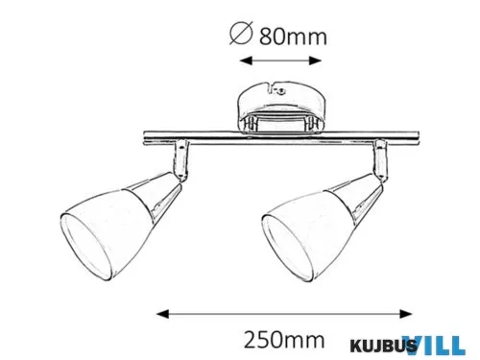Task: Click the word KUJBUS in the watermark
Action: pos(374,343)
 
